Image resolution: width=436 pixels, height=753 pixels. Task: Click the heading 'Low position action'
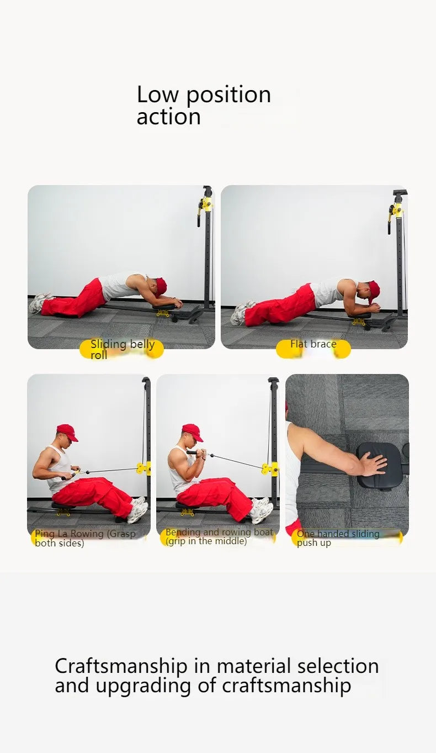click(x=204, y=105)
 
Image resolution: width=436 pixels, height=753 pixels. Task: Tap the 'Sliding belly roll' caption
click(x=123, y=349)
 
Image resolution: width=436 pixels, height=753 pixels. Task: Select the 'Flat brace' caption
click(x=313, y=344)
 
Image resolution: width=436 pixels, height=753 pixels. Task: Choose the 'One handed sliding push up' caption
click(x=338, y=538)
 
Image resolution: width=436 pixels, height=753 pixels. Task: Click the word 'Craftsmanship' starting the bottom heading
click(x=121, y=667)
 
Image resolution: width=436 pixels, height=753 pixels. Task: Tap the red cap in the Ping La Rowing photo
click(x=67, y=432)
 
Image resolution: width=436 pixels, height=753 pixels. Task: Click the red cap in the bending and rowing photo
click(x=193, y=432)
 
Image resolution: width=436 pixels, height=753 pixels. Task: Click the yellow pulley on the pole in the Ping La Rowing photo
click(x=143, y=468)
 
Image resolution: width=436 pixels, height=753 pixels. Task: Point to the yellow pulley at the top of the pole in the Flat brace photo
click(x=395, y=212)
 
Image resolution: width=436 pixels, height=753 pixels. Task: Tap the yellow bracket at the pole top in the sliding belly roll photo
click(x=205, y=204)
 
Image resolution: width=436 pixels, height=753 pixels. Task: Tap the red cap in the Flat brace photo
click(x=373, y=292)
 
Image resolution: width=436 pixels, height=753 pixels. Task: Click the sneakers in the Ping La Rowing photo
click(x=139, y=509)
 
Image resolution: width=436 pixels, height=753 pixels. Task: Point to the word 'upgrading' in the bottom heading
click(x=143, y=686)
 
